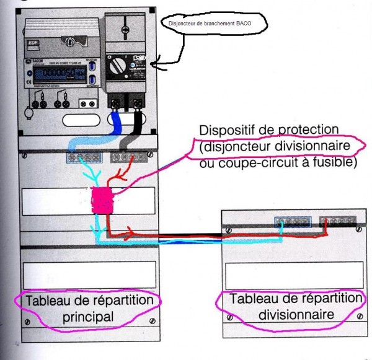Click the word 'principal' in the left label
point(88,317)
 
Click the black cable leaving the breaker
point(136,121)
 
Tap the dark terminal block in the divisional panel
point(336,222)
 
